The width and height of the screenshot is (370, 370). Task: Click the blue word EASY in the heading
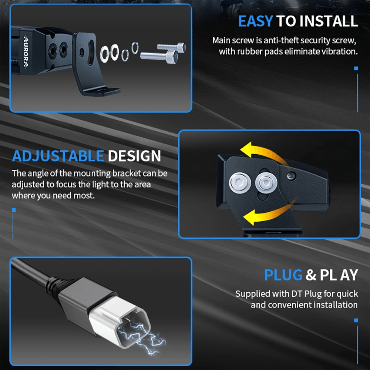(x=256, y=21)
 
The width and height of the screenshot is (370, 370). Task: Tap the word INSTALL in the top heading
(x=329, y=21)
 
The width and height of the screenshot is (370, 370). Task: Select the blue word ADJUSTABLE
(x=58, y=156)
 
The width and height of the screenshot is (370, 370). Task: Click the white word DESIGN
(x=134, y=156)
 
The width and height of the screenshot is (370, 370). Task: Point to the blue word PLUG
(x=283, y=275)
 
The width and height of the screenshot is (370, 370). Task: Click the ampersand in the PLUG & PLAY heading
(x=311, y=275)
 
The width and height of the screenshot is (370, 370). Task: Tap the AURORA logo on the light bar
(x=26, y=51)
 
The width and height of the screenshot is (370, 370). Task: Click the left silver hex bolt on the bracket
(x=240, y=183)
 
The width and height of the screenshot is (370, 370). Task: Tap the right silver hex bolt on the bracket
(x=266, y=183)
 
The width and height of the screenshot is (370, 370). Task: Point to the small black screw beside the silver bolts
(x=291, y=176)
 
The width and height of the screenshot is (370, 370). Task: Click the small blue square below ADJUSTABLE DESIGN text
(x=14, y=210)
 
